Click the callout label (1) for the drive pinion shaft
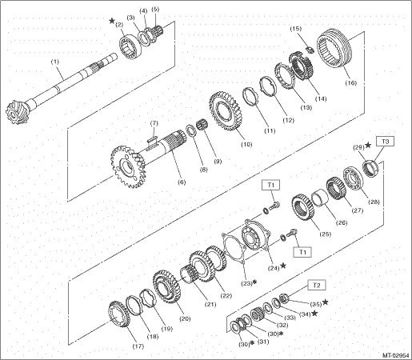point(55,62)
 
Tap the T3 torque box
point(385,142)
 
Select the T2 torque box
point(316,286)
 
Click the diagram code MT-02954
point(396,355)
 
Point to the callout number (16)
point(351,83)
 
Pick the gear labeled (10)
point(223,110)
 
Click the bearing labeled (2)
point(130,46)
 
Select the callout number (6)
point(182,182)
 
